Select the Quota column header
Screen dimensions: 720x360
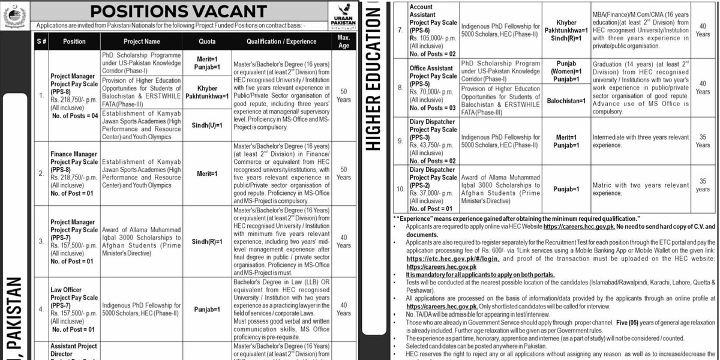[207, 41]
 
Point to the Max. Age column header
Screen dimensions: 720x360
[343, 41]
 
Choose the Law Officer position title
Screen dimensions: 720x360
[66, 290]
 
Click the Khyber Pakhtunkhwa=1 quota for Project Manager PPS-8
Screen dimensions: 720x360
[207, 92]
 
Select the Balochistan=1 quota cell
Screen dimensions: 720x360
[566, 101]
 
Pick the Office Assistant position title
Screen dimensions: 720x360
[431, 68]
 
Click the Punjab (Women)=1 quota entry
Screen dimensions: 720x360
[566, 67]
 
